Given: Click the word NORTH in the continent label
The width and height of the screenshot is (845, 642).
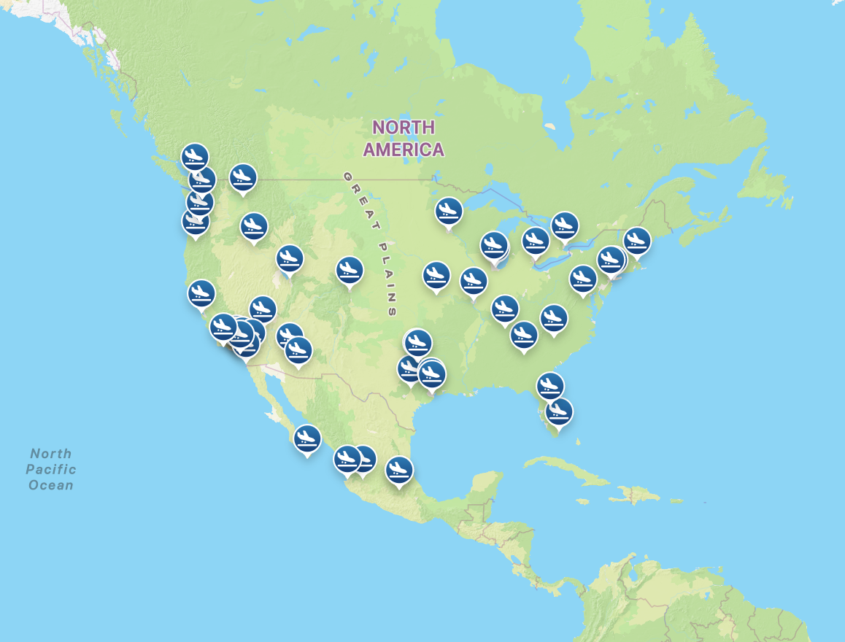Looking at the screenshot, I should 404,128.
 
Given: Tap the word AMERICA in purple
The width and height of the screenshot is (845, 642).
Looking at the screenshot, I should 404,150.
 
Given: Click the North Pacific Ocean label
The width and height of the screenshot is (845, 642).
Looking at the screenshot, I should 51,469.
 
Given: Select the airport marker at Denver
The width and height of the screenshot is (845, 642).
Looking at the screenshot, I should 350,271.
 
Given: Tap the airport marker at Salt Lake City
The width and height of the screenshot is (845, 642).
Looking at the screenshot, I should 290,258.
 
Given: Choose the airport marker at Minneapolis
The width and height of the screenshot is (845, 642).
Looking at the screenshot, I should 449,211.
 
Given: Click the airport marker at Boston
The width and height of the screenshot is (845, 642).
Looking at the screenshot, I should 637,241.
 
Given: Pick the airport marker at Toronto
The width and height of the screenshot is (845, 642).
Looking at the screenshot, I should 564,225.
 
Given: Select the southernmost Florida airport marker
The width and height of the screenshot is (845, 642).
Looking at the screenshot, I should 559,411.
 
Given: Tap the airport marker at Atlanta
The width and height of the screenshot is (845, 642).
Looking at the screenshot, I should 524,335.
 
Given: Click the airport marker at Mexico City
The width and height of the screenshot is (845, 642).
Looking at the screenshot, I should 399,470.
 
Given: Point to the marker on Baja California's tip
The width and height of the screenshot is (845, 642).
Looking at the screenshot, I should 307,438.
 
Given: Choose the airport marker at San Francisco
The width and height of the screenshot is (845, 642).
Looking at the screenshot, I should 201,293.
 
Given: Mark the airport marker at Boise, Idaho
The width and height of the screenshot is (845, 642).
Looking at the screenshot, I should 254,226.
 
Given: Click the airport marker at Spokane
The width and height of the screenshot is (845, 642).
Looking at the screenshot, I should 242,177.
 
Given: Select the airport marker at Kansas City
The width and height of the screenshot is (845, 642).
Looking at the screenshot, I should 436,275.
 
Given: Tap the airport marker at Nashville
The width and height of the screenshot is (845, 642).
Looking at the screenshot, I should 504,309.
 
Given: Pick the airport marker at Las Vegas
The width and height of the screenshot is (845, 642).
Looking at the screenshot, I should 263,309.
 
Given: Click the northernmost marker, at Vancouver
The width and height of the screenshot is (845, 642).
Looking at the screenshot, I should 195,156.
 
